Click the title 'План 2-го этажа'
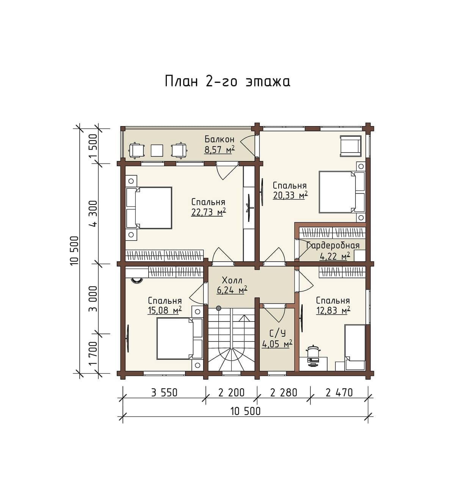227,81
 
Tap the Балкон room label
220,140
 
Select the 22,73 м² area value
209,212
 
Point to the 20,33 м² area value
290,195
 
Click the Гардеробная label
333,246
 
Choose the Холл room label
232,280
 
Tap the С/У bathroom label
277,333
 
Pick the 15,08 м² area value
165,311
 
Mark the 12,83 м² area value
333,311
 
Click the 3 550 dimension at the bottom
164,393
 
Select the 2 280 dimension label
284,393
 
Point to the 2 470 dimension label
339,393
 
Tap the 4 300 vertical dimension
94,213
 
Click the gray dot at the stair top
218,308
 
